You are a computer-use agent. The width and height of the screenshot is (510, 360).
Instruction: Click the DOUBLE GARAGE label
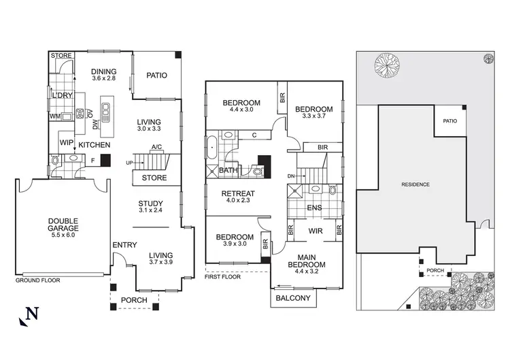point(63,225)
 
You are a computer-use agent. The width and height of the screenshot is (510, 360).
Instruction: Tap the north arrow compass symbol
point(29,316)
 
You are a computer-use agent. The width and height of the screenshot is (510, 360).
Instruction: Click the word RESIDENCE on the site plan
point(415,184)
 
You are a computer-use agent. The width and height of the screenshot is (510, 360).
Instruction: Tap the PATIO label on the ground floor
point(157,76)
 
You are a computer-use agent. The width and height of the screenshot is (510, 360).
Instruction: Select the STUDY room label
point(151,203)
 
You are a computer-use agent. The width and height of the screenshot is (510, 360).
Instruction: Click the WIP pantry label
point(67,143)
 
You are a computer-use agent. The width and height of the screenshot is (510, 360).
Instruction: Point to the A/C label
point(156,147)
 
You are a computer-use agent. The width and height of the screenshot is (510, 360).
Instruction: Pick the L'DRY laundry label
point(63,95)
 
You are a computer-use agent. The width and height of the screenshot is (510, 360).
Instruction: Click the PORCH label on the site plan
point(435,270)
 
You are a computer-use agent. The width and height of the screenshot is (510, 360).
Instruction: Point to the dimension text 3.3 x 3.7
point(313,116)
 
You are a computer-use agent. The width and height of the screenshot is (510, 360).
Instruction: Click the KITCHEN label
point(95,145)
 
